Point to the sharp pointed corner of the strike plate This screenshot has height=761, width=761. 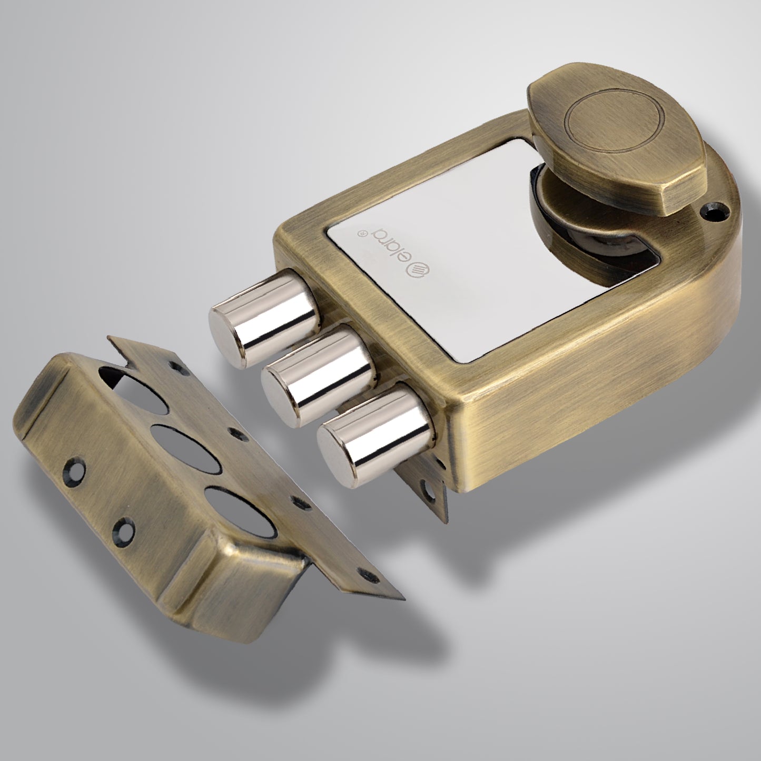(403, 599)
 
